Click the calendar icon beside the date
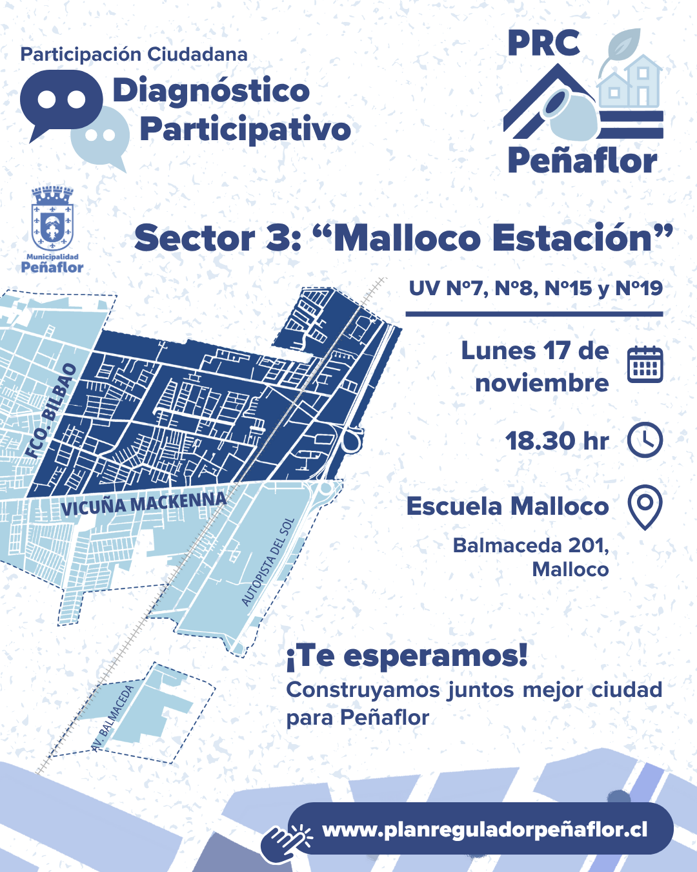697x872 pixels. point(645,364)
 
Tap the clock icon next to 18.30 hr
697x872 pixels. point(645,441)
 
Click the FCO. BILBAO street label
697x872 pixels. point(51,411)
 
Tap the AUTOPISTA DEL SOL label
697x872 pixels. point(268,562)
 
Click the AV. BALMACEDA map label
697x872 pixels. point(114,718)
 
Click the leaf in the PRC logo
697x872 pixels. point(621,45)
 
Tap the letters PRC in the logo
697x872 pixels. point(543,44)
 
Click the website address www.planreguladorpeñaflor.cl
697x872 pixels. point(485,829)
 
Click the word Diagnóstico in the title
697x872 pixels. point(211,90)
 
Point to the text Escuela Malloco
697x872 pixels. point(507,506)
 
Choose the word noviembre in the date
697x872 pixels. point(542,383)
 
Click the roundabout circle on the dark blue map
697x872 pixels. point(352,442)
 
